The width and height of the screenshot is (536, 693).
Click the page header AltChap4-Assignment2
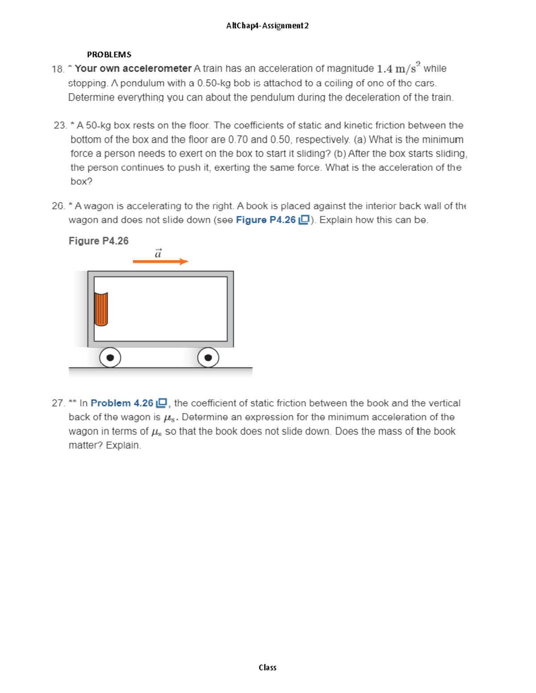pyautogui.click(x=267, y=25)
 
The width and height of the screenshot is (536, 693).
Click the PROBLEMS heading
pyautogui.click(x=109, y=54)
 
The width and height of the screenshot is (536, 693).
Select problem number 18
pyautogui.click(x=58, y=69)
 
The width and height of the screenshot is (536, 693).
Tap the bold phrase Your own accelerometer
pyautogui.click(x=133, y=69)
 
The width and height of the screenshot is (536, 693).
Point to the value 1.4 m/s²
pyautogui.click(x=398, y=68)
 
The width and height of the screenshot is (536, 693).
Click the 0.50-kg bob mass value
pyautogui.click(x=214, y=83)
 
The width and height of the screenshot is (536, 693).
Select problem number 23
pyautogui.click(x=60, y=125)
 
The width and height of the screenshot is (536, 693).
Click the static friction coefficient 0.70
pyautogui.click(x=238, y=140)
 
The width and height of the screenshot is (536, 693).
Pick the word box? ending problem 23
pyautogui.click(x=81, y=182)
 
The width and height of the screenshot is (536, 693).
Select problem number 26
pyautogui.click(x=58, y=206)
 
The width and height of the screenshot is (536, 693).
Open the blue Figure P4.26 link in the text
pyautogui.click(x=266, y=220)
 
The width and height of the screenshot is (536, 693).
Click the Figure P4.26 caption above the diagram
pyautogui.click(x=98, y=241)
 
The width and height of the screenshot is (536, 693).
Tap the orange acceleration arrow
pyautogui.click(x=160, y=261)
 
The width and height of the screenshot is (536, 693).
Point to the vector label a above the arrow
pyautogui.click(x=158, y=253)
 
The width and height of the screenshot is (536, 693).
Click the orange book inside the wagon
pyautogui.click(x=101, y=309)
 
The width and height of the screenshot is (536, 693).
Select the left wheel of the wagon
pyautogui.click(x=110, y=357)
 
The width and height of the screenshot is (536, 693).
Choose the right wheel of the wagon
pyautogui.click(x=208, y=357)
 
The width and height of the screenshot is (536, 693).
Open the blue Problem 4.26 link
pyautogui.click(x=122, y=403)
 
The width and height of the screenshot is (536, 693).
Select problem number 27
pyautogui.click(x=58, y=403)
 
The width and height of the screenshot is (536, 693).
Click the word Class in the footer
pyautogui.click(x=267, y=668)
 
